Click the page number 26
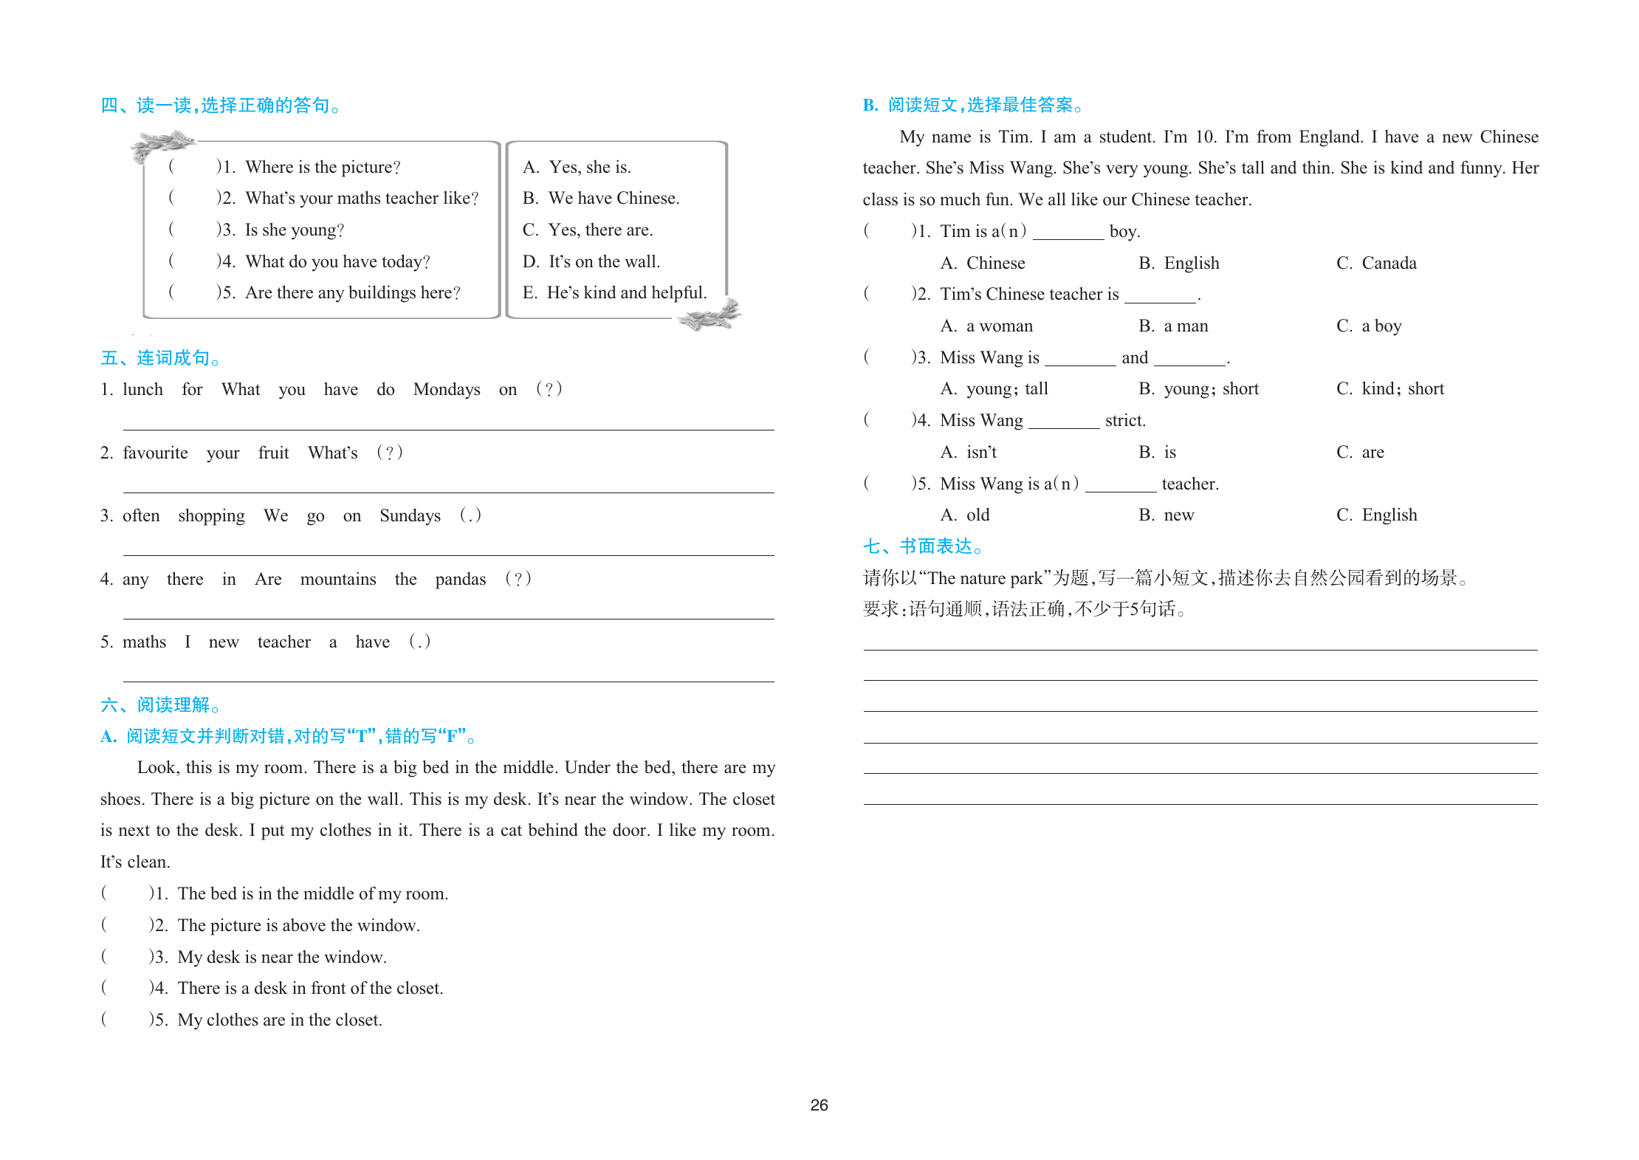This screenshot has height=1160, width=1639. [819, 1105]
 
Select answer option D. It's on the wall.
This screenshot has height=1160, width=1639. [591, 261]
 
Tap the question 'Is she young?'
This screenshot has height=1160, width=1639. [294, 230]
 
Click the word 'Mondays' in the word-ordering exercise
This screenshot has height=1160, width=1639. [447, 390]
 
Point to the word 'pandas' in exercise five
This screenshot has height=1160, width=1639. [460, 580]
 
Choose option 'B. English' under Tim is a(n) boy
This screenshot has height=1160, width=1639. [1178, 264]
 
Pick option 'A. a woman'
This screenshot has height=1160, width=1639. [986, 326]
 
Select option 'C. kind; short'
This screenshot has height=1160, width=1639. [1389, 389]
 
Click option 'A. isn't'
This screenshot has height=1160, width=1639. [969, 453]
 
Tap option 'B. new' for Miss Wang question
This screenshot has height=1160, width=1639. [1166, 515]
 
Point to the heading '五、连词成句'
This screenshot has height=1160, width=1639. [160, 359]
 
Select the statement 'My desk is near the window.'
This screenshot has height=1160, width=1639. [281, 958]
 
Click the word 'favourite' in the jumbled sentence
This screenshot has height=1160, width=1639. [155, 453]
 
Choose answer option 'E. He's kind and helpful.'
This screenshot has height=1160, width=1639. [614, 293]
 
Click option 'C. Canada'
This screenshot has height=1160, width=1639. [1376, 264]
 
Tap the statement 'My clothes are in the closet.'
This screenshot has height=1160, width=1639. [279, 1020]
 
